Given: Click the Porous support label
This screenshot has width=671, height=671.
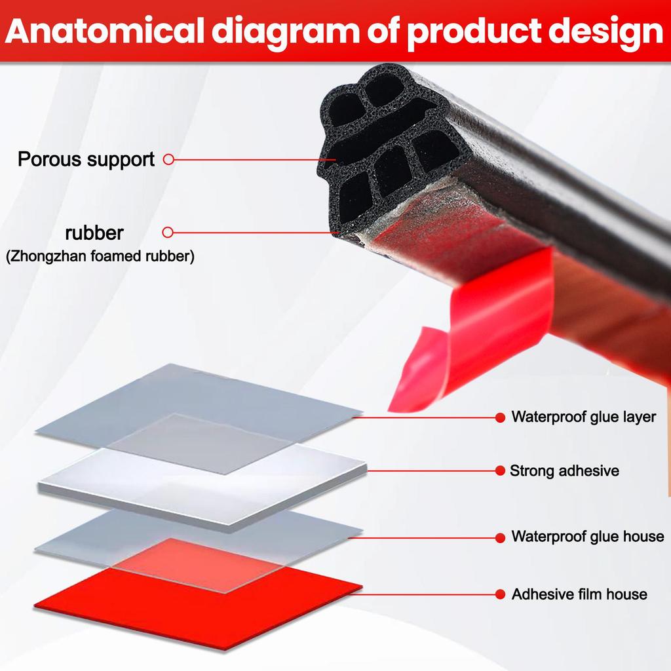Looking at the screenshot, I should pyautogui.click(x=86, y=159).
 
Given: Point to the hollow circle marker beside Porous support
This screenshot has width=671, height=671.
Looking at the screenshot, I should pyautogui.click(x=168, y=159).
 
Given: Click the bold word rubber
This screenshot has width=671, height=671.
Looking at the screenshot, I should pyautogui.click(x=94, y=233).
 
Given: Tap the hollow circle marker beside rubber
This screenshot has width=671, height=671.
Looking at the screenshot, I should pyautogui.click(x=168, y=232).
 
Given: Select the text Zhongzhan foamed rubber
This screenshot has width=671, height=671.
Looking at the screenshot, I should pyautogui.click(x=100, y=257).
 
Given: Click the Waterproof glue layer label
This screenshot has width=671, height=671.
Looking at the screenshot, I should pyautogui.click(x=583, y=417).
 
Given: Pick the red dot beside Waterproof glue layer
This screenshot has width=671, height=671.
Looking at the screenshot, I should pyautogui.click(x=499, y=417).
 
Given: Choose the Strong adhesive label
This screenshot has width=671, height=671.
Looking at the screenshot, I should pyautogui.click(x=564, y=470).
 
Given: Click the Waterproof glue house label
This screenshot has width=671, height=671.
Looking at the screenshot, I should pyautogui.click(x=587, y=537).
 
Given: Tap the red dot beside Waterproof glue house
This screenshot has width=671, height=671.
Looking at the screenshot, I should pyautogui.click(x=499, y=537).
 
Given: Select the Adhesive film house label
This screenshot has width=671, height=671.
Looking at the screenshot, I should pyautogui.click(x=579, y=594).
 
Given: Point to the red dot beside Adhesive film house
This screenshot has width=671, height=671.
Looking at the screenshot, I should pyautogui.click(x=499, y=594).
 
